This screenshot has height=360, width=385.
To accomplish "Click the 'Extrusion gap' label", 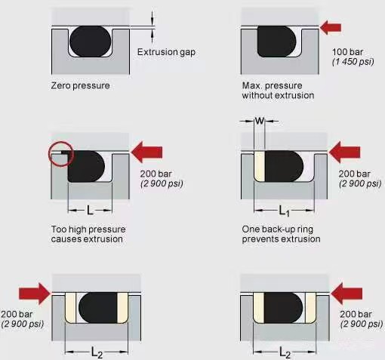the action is coord(166,52).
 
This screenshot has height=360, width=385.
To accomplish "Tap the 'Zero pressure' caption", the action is coord(80,86).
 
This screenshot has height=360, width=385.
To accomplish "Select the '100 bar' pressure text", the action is coord(347,52).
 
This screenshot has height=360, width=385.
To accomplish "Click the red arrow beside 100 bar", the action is coord(330,27).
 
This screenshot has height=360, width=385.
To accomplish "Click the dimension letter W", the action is coord(260,121).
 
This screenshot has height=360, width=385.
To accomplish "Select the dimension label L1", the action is coord(285,211).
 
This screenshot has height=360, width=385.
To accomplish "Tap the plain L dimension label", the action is coord(90,210).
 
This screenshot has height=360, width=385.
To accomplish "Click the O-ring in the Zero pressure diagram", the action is coord(91,42).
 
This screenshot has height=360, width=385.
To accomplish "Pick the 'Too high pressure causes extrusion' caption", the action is coord(88,234).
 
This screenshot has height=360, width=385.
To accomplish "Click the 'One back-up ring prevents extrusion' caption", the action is coord(281,234).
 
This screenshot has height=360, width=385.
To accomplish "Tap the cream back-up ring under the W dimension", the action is coord(260,166).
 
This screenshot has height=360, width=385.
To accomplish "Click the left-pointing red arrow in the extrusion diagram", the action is coord(146,152).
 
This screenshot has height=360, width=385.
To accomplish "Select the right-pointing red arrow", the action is coord(35,294).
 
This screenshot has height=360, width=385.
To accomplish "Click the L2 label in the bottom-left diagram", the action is coord(97,352).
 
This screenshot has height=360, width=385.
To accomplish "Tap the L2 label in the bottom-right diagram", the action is coord(285,352).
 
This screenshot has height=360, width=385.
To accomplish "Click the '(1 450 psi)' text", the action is coord(353,62).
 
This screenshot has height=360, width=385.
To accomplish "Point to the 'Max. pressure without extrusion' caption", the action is coord(278,91).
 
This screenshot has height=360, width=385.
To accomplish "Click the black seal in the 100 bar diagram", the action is coord(277,42).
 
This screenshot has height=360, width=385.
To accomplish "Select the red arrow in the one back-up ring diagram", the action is coord(344,152).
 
